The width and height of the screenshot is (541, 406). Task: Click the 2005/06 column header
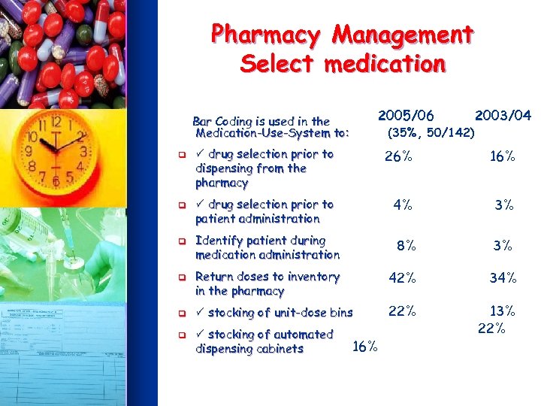coord(406,115)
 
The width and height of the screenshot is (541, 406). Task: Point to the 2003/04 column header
coord(503,115)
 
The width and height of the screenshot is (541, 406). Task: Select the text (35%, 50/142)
coord(430,133)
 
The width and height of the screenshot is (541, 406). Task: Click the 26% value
coord(398,157)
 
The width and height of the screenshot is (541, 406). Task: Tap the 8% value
coord(407,245)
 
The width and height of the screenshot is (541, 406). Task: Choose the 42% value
coord(402,277)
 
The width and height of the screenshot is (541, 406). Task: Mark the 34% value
coord(503,277)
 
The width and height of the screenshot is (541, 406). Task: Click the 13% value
coord(503,311)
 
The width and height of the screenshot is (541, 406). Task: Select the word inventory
coord(310,277)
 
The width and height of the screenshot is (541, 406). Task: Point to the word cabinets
coord(278,349)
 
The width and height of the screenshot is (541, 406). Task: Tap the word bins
coord(340,313)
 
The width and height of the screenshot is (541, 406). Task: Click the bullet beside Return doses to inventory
coord(181,277)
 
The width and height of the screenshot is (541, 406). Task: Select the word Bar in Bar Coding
coord(201,121)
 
